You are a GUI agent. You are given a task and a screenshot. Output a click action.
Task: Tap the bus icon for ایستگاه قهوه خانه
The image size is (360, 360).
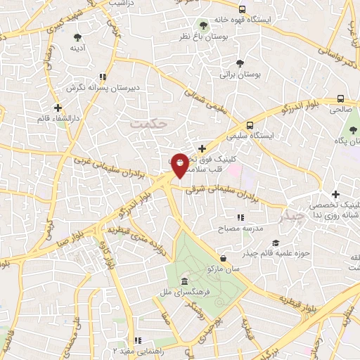pyautogui.click(x=243, y=10)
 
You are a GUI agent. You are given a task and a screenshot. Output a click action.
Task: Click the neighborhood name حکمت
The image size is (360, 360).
pyautogui.click(x=150, y=122)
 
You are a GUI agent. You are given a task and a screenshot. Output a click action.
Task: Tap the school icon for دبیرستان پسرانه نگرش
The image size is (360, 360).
pyautogui.click(x=103, y=77)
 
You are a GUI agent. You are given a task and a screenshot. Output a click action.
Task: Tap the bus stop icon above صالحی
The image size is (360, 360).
pyautogui.click(x=341, y=99)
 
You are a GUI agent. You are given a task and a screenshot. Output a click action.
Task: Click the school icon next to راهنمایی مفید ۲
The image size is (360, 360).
pyautogui.click(x=138, y=340)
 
